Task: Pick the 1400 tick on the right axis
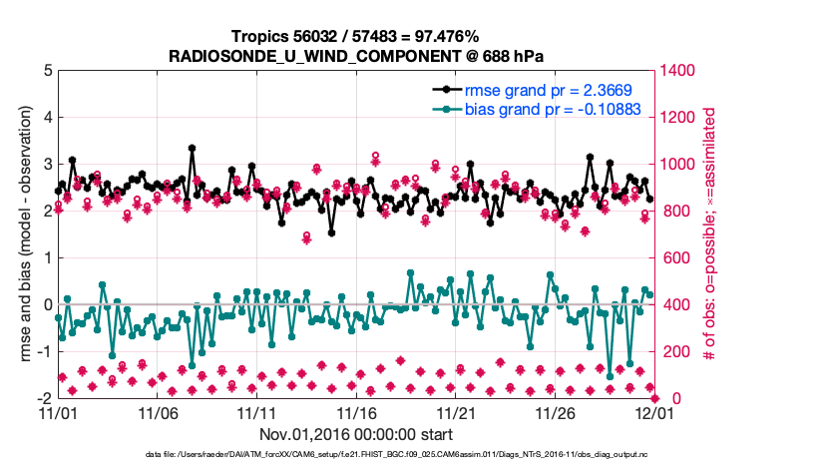(x=676, y=71)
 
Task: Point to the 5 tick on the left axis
(x=47, y=71)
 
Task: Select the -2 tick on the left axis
(x=44, y=398)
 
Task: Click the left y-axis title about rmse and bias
(x=22, y=234)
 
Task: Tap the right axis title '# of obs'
(x=711, y=234)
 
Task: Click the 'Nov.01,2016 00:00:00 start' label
(x=355, y=434)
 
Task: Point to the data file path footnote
(x=355, y=456)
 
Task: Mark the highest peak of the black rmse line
(x=192, y=148)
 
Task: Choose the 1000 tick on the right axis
(x=676, y=165)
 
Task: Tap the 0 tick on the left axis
(x=47, y=304)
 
